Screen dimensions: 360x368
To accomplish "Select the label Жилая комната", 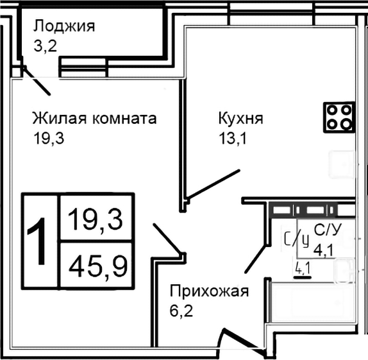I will coord(94,119).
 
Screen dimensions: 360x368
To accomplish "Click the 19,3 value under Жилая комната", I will coord(50,138).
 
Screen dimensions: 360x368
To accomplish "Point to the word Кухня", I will coord(240,119).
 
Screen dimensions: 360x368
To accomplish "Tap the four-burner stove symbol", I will coord(339,116).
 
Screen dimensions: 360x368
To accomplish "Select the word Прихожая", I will coord(208,293).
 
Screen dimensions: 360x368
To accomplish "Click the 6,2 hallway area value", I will coord(181,313).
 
